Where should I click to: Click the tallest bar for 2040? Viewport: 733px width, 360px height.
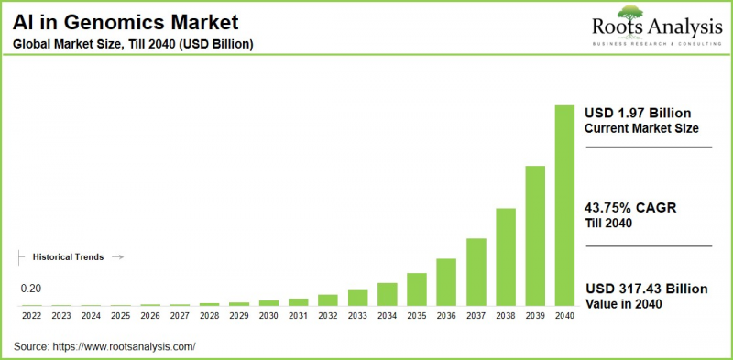[x=564, y=205]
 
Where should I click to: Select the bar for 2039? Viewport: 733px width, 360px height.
[x=535, y=235]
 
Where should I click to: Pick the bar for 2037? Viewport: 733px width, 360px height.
[x=476, y=272]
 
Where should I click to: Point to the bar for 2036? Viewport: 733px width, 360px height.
[x=446, y=282]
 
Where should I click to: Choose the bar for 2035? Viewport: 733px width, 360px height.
[x=417, y=289]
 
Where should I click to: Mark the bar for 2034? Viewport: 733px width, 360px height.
[x=388, y=294]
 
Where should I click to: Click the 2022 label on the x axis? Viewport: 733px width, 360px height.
[x=32, y=316]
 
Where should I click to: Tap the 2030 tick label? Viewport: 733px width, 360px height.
[x=268, y=316]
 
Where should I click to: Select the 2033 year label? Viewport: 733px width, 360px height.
[x=357, y=316]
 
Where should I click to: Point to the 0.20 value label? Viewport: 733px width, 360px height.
[x=30, y=289]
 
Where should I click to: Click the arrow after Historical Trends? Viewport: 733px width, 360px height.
[x=117, y=257]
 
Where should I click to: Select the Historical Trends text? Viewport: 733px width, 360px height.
[x=68, y=257]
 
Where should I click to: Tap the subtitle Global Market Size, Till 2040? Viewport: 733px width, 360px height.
[x=133, y=43]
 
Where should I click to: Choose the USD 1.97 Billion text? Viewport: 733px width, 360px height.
[x=638, y=112]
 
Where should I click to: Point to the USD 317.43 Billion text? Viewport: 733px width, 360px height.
[x=646, y=289]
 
